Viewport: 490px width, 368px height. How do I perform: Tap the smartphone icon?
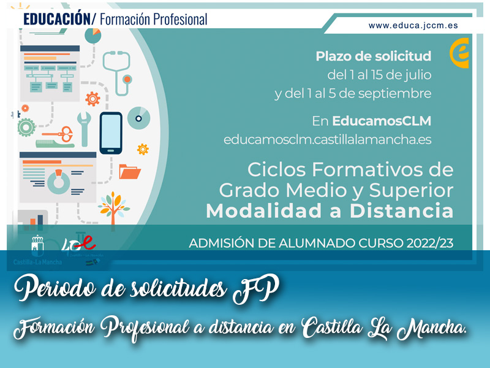coord(111,132)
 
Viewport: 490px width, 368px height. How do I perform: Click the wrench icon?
coord(83,128)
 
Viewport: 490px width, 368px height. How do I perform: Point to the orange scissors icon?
coord(58,132)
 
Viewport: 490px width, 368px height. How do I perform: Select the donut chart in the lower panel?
coord(59,182)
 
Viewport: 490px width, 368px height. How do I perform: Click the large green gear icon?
coord(26,128)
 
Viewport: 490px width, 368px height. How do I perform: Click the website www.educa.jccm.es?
coord(413,26)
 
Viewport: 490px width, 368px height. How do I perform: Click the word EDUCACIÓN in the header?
coord(56,19)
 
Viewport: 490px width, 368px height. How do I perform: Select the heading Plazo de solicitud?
coord(373,56)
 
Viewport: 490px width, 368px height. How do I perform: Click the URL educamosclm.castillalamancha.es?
coord(327,139)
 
